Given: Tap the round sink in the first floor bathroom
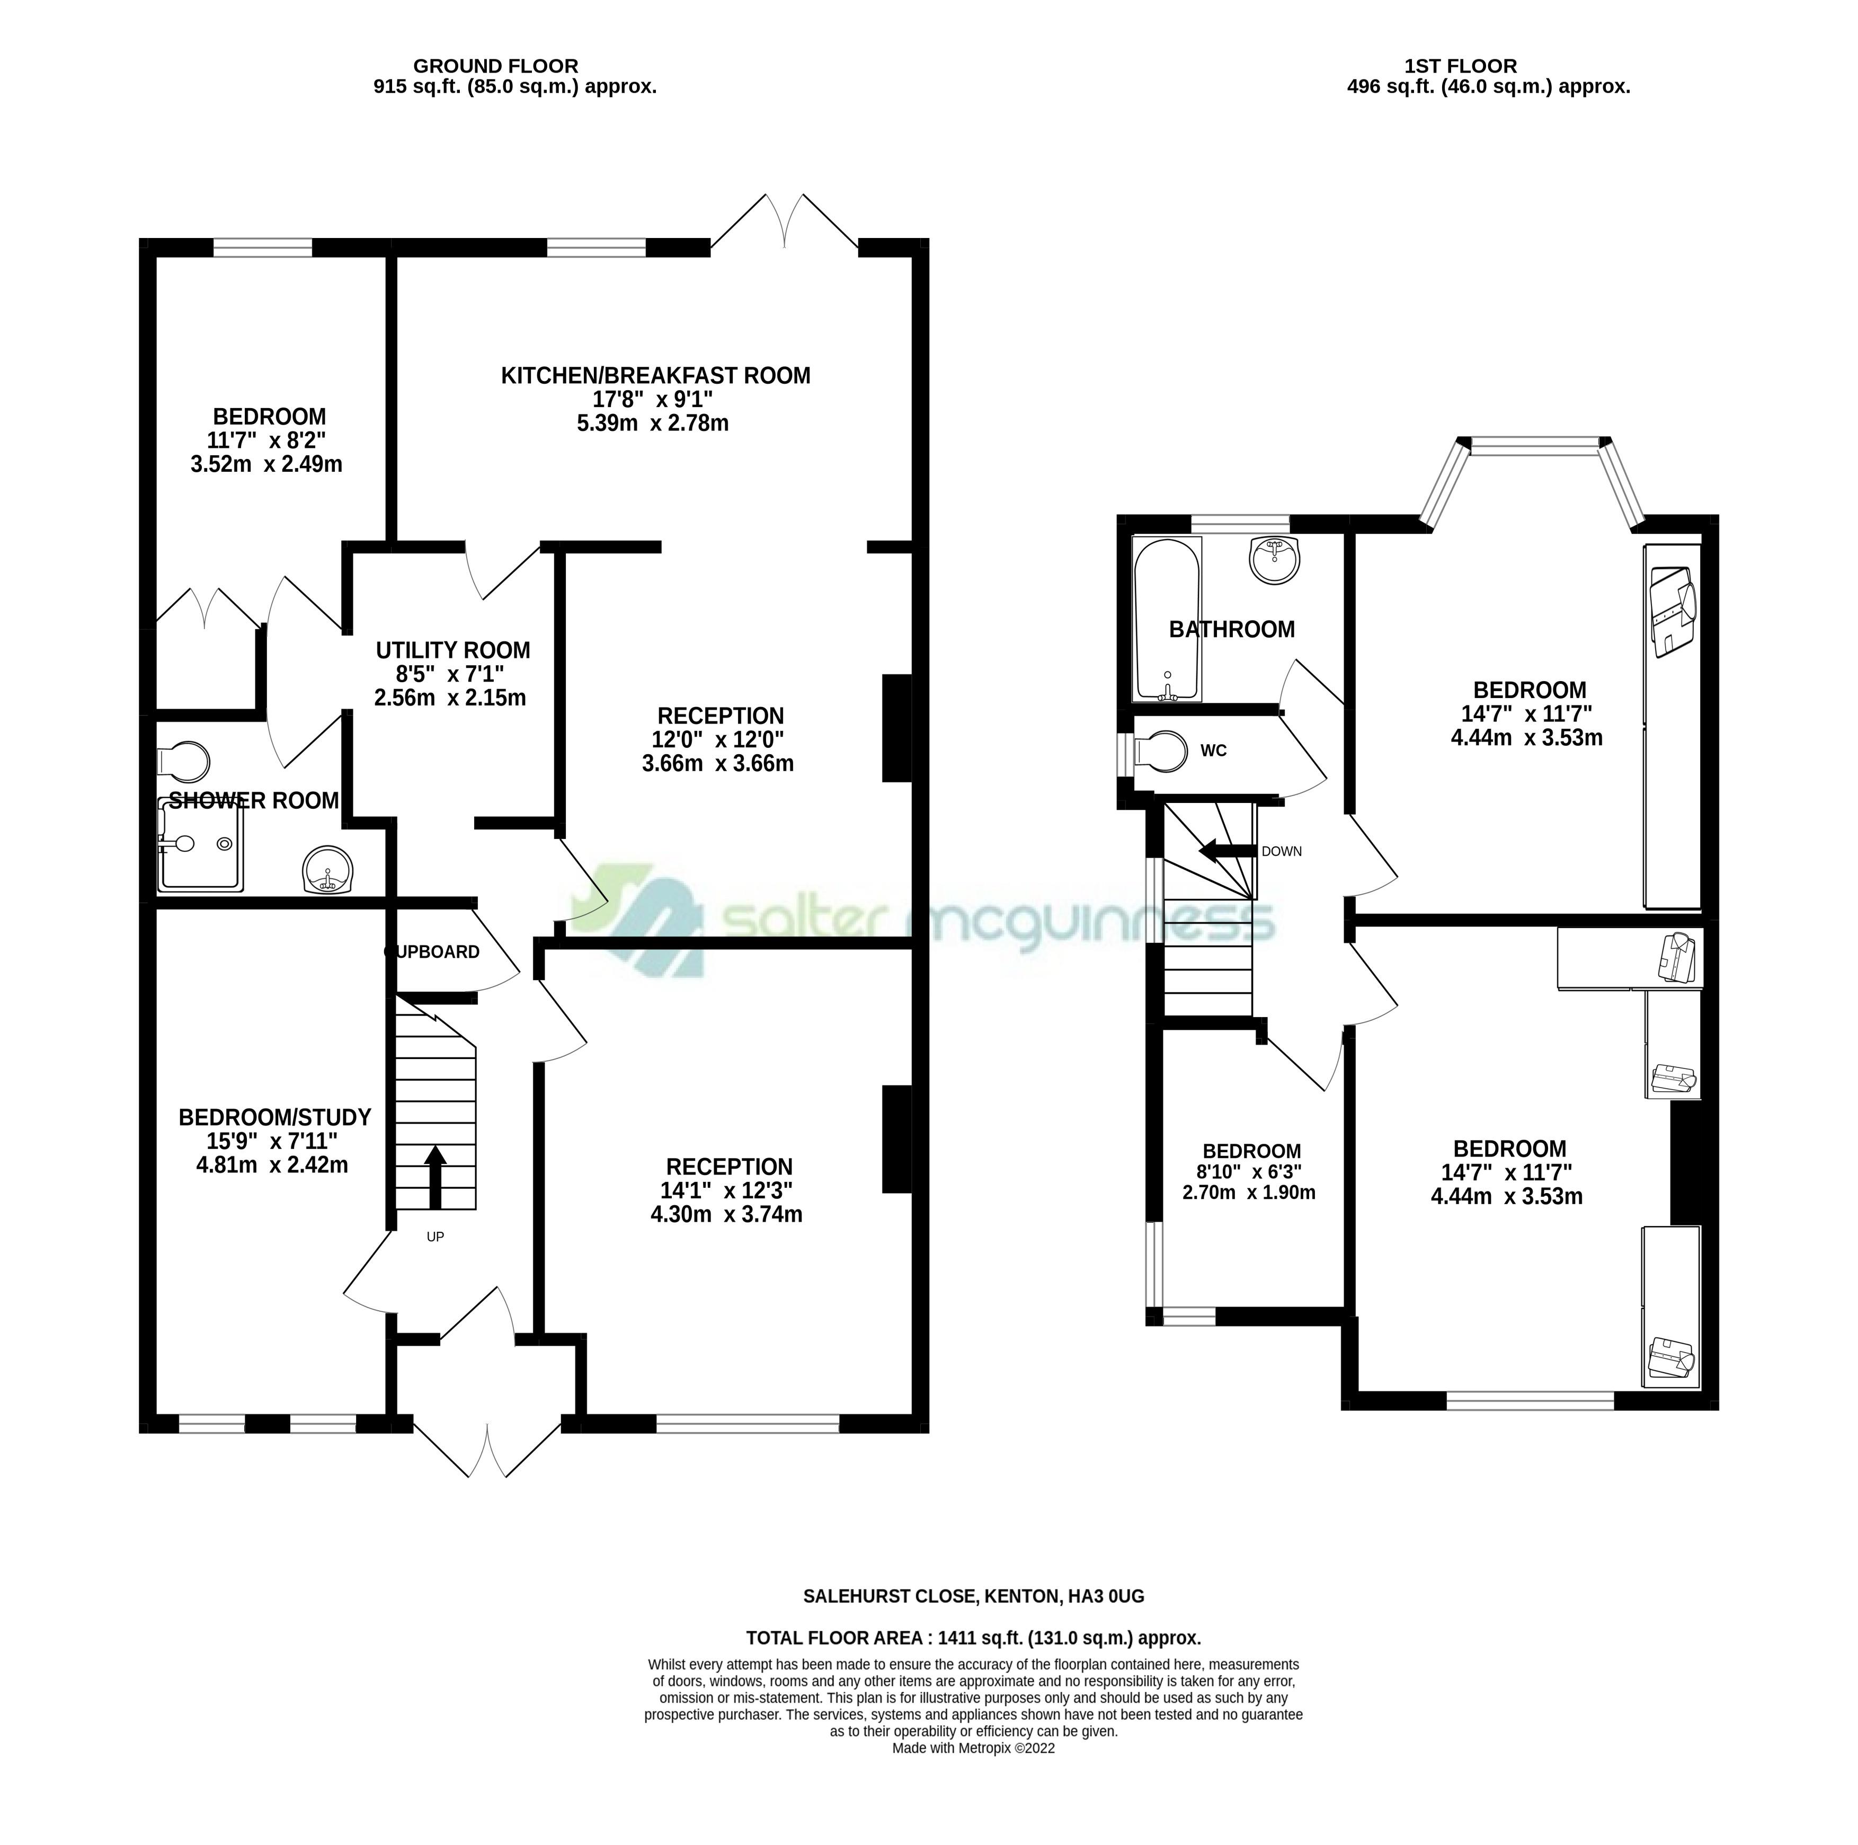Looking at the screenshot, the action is point(1275,560).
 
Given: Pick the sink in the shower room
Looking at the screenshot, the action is point(328,870).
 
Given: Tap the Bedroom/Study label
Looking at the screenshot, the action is point(275,1118).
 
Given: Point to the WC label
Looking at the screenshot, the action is point(1214,751).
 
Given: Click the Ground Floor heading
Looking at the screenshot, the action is point(496,66).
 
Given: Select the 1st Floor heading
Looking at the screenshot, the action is point(1461,66).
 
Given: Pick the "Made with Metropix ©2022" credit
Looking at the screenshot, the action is point(973,1776).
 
